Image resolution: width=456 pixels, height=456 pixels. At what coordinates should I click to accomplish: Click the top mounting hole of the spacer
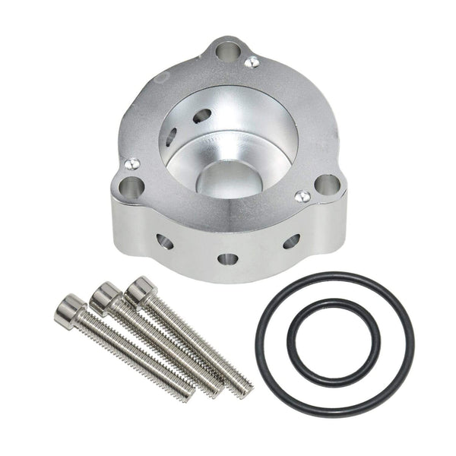pos(226,52)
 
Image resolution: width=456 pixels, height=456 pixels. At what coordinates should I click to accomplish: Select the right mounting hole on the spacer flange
pos(327,184)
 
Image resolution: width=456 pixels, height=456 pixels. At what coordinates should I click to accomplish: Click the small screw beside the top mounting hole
pos(251,62)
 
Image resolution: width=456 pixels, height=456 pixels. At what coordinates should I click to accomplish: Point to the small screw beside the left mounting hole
pos(132,163)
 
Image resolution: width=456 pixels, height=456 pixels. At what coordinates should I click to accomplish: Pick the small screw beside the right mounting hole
pos(302,196)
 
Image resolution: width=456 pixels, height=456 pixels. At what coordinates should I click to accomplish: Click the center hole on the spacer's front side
pos(227,258)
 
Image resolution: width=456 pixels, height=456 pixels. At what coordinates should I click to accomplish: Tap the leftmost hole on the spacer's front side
pos(164,242)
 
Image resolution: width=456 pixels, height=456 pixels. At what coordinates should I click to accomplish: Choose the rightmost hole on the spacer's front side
pos(291,241)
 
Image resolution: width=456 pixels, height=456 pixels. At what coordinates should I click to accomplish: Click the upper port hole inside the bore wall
pos(202,116)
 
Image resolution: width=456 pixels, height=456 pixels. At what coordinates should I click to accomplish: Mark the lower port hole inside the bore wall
pos(173,137)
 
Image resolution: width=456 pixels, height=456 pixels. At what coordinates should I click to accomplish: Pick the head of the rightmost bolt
pos(141,290)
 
